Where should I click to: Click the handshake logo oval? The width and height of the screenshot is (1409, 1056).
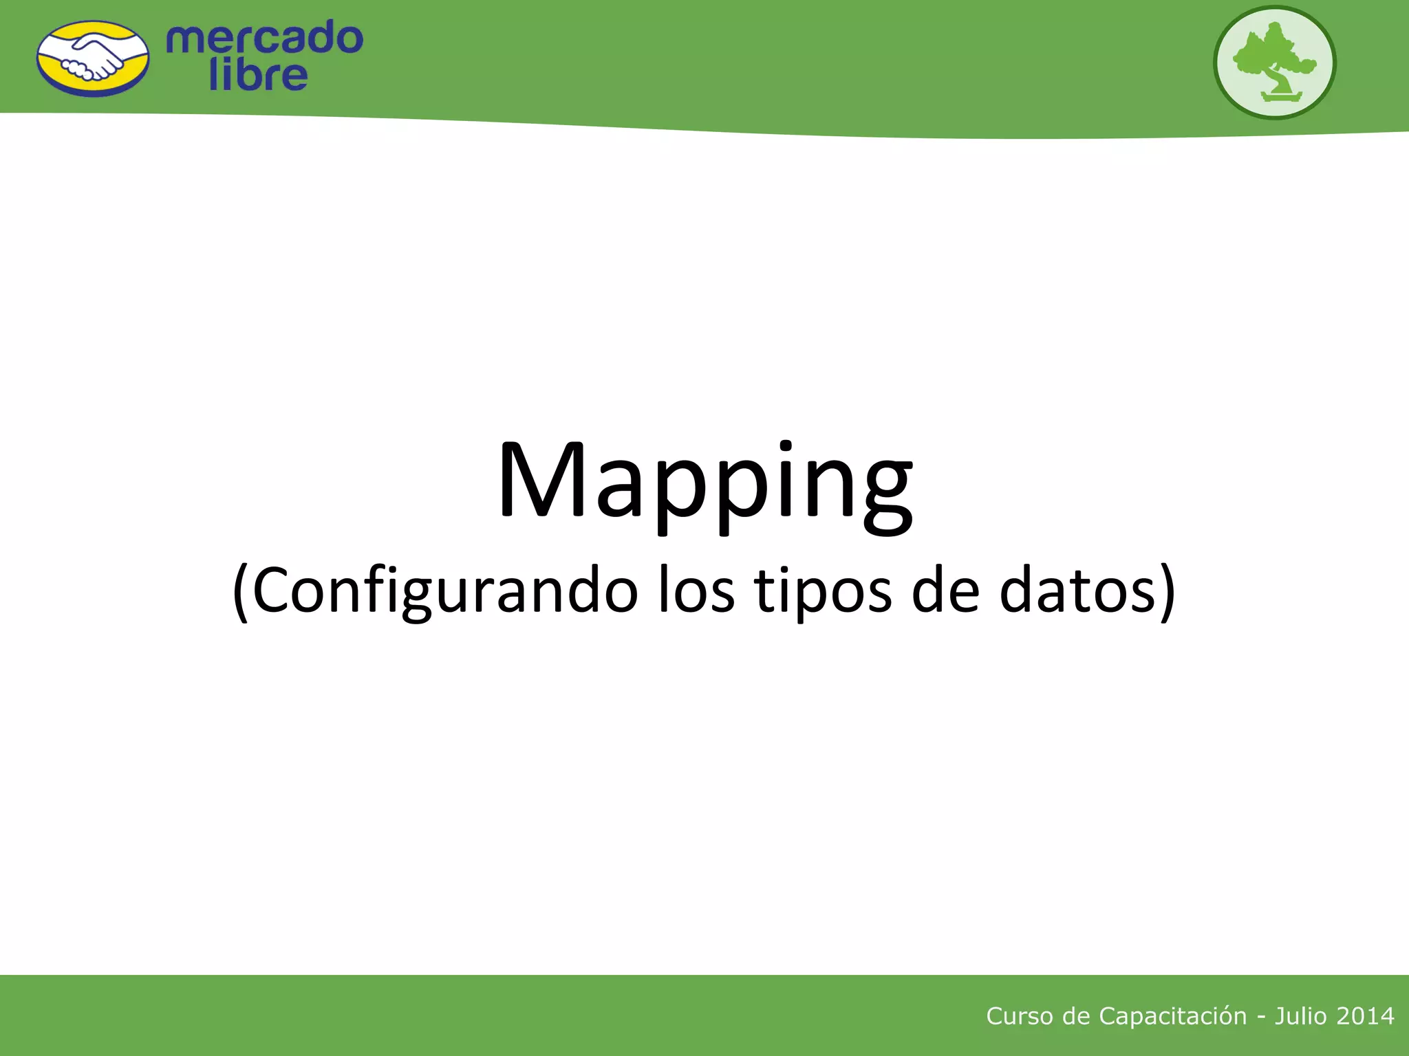(x=93, y=58)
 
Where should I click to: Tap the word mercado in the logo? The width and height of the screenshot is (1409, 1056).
(x=265, y=38)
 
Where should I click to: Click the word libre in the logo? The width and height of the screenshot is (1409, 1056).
(x=258, y=75)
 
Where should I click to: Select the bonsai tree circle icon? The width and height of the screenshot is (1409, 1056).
(x=1274, y=63)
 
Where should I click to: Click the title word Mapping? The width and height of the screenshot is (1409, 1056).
(x=705, y=481)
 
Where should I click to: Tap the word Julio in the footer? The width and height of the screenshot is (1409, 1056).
(x=1300, y=1016)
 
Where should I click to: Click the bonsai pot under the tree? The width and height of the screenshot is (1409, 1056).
(x=1282, y=97)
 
